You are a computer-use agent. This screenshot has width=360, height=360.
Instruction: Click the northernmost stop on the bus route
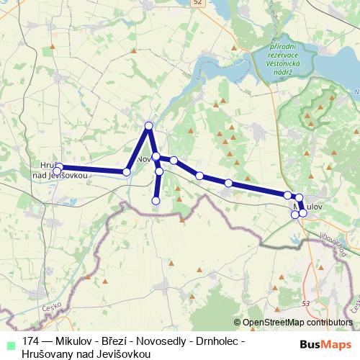149,126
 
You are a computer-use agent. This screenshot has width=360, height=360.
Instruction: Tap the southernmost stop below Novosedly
156,201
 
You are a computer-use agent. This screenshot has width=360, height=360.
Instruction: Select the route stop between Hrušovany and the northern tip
127,171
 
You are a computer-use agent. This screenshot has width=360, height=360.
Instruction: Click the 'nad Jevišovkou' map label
60,175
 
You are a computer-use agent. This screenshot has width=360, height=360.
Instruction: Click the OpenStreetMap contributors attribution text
297,323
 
